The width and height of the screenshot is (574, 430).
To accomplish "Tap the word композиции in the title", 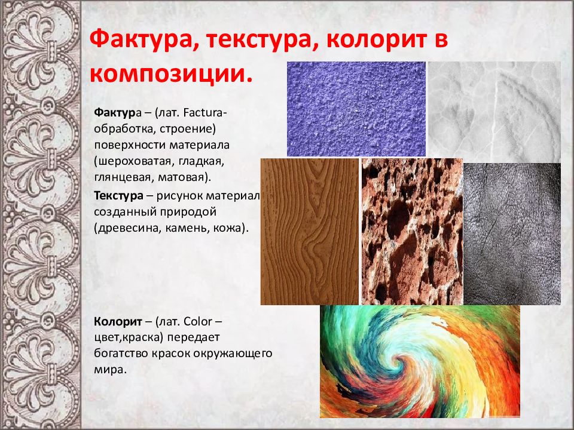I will point(169,75).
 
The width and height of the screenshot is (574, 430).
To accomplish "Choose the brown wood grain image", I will point(310,232).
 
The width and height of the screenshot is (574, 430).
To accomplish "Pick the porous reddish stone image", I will point(412,232).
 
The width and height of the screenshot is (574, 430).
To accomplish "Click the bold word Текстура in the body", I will point(118,196).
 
